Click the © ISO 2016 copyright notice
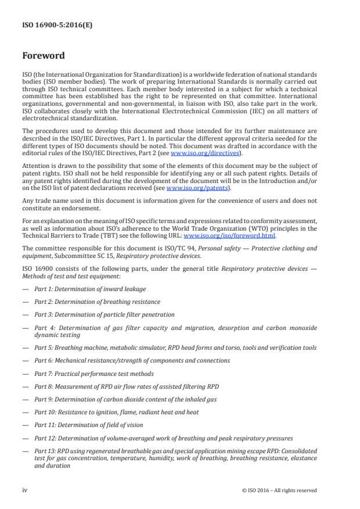tap(279, 490)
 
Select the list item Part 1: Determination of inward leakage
tap(90, 289)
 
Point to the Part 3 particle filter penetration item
tap(104, 314)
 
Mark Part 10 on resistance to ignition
tap(116, 411)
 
